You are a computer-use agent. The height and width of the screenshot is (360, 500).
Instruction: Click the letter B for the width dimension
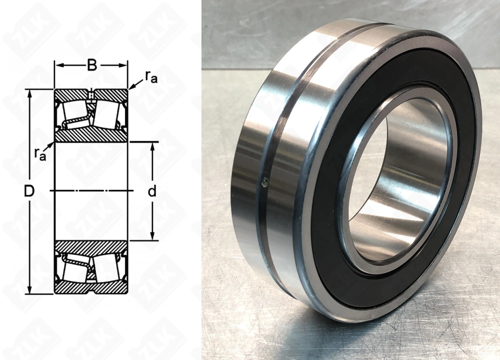tap(91, 65)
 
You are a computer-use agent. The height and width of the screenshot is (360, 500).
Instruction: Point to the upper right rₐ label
tap(151, 76)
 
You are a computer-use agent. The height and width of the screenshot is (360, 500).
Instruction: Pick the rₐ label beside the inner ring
tap(40, 154)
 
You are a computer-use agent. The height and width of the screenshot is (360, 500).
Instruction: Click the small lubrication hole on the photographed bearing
tap(265, 181)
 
